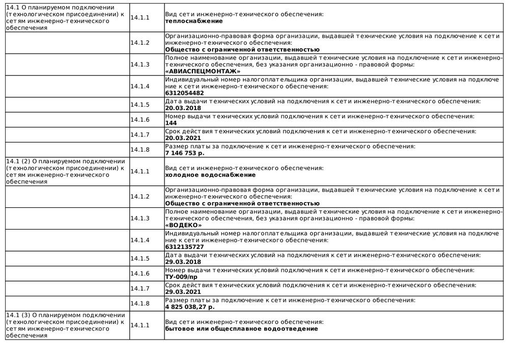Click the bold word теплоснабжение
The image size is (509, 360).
click(194, 21)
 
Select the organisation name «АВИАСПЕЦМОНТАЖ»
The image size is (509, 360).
click(203, 71)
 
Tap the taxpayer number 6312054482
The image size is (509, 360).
click(184, 93)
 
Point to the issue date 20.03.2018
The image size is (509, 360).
click(183, 108)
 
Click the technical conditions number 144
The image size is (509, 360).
click(171, 123)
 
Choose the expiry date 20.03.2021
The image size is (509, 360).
click(183, 137)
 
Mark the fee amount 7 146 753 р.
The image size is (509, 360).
click(185, 153)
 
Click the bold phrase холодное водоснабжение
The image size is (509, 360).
click(210, 175)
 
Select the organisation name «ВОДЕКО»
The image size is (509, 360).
click(183, 225)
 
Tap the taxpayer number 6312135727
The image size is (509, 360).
click(184, 246)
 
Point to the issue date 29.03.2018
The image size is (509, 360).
click(183, 262)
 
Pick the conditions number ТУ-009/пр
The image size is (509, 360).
click(181, 276)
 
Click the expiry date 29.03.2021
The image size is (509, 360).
click(183, 292)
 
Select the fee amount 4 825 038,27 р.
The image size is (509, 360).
click(190, 307)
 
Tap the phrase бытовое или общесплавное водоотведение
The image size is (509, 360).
click(241, 328)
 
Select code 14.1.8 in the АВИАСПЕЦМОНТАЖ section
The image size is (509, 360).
click(140, 150)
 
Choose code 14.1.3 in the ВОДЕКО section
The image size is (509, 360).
click(140, 218)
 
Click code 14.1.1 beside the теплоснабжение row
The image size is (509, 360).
click(140, 18)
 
